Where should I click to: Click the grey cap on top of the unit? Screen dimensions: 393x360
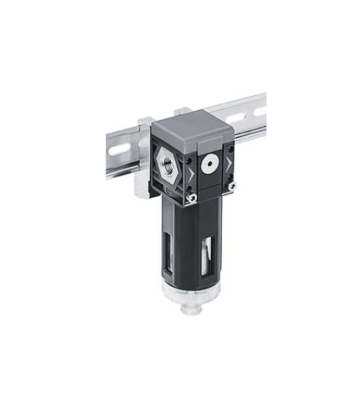point(189,128)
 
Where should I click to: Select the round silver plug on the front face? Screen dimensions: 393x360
point(209,162)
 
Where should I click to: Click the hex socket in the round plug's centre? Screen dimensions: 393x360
point(209,162)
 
